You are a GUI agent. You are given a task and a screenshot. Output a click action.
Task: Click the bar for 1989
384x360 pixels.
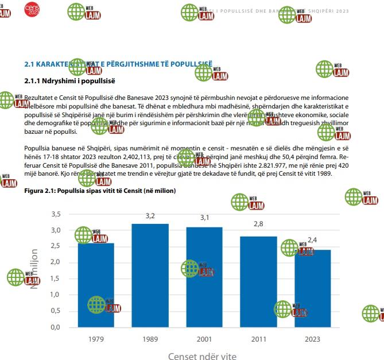(150, 276)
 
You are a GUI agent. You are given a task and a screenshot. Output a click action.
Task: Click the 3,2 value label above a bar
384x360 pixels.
(150, 216)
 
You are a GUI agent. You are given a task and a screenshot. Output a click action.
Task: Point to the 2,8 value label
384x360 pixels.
(258, 224)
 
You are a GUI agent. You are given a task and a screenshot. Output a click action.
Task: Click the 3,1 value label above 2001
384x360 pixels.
(205, 218)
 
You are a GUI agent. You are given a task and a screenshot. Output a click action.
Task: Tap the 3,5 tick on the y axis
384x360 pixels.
(56, 214)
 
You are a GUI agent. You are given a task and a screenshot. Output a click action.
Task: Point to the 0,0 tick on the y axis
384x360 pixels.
(56, 327)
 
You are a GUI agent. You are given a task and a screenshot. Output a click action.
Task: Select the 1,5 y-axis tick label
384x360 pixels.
(56, 278)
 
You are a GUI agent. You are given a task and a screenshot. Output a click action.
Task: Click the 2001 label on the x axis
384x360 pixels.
(204, 339)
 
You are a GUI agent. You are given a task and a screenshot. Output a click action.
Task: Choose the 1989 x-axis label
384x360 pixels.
(150, 339)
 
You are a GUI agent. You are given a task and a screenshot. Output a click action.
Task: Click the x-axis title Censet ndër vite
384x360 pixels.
(202, 356)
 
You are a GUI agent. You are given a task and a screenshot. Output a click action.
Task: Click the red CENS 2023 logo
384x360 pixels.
(32, 9)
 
